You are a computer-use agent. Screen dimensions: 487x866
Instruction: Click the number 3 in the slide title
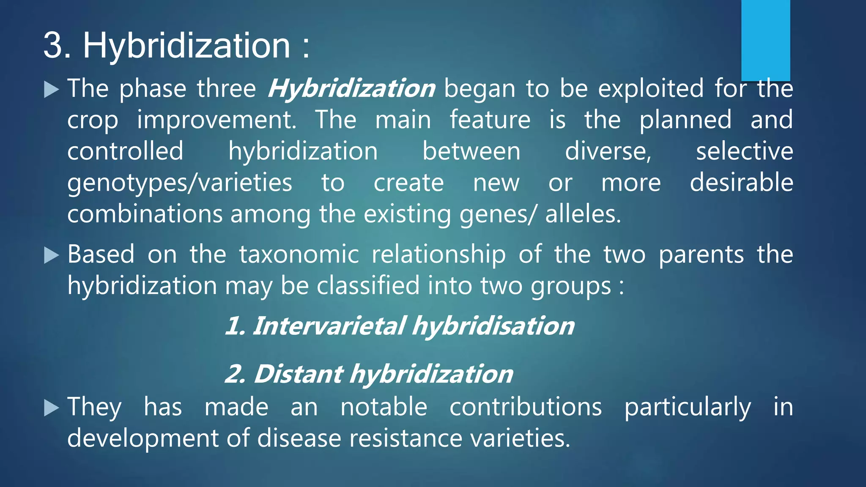coord(57,45)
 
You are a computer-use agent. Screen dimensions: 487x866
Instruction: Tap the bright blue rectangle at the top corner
coord(765,40)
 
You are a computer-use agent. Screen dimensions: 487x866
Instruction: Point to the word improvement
coord(216,120)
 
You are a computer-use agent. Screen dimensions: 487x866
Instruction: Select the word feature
coord(490,120)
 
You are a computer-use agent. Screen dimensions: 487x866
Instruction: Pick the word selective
coord(744,151)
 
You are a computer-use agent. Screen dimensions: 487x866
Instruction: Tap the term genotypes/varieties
coord(180,183)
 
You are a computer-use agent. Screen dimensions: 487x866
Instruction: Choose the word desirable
coord(741,183)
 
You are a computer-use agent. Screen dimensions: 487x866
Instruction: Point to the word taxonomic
coord(299,254)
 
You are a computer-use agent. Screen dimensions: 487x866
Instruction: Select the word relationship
coord(438,254)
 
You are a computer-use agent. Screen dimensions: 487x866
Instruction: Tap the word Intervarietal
coord(329,326)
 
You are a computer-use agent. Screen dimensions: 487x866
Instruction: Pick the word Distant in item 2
coord(298,375)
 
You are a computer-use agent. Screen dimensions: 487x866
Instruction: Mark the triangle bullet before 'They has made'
coord(52,408)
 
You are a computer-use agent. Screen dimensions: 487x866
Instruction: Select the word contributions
coord(526,407)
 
